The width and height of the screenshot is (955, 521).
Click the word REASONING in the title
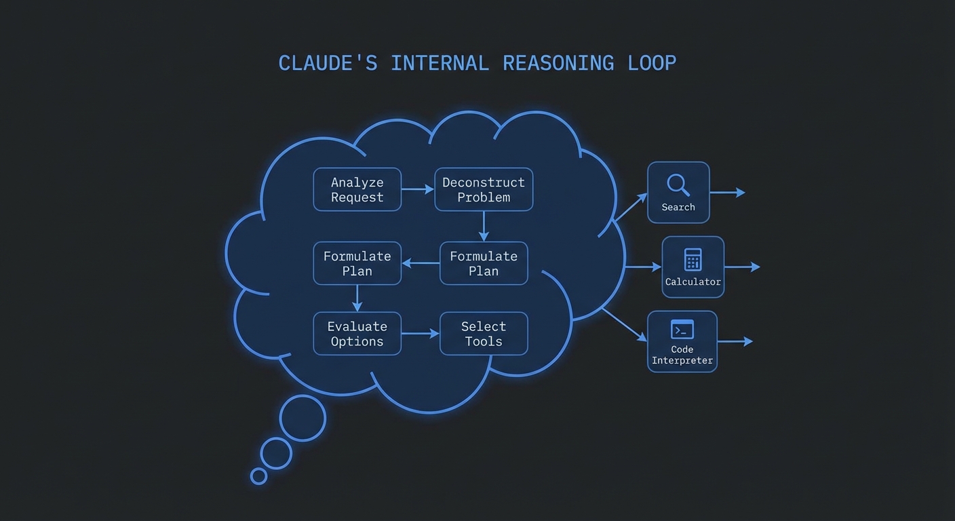558,63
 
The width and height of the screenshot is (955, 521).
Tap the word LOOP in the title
652,63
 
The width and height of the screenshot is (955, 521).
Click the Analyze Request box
357,190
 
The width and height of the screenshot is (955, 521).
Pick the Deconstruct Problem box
484,190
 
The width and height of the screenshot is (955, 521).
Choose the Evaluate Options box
357,334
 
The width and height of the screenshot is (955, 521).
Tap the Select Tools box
484,334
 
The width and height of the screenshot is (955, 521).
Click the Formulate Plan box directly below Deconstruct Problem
484,263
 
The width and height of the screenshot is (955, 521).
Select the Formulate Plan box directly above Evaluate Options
357,263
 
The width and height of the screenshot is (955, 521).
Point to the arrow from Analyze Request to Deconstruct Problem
418,190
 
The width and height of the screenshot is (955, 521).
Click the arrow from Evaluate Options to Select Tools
421,334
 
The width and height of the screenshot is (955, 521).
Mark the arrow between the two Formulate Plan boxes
421,263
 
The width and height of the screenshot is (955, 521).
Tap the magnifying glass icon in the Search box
678,184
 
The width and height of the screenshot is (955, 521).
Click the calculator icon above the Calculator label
693,259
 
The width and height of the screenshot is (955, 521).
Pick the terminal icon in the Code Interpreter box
682,329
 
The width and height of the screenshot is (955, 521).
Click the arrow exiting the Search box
727,193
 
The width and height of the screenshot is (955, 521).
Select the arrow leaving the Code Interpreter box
735,341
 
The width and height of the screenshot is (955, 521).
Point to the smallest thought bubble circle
258,476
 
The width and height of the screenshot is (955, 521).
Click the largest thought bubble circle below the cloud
303,419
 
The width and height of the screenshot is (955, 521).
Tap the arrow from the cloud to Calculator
642,267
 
